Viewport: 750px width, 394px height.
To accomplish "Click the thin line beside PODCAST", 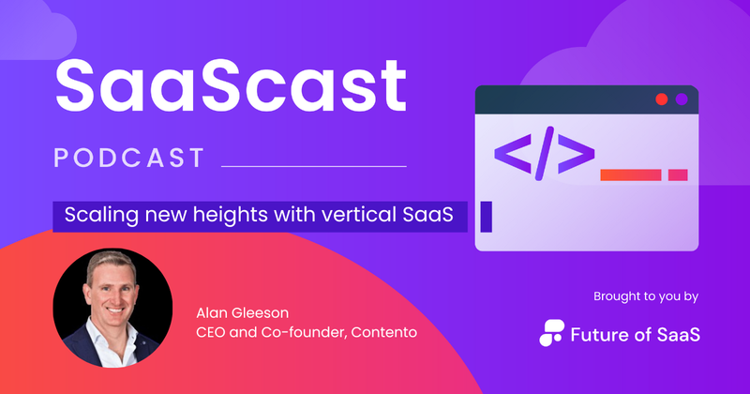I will (313, 166).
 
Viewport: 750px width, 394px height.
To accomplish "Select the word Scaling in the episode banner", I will (93, 215).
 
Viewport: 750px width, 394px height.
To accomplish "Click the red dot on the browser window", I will (662, 98).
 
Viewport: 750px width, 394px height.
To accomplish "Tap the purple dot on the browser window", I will (682, 98).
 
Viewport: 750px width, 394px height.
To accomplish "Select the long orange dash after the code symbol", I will (630, 174).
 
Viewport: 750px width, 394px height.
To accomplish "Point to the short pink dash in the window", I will (677, 174).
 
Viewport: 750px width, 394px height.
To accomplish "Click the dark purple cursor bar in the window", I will (486, 216).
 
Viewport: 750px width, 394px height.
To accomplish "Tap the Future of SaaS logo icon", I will (553, 332).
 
